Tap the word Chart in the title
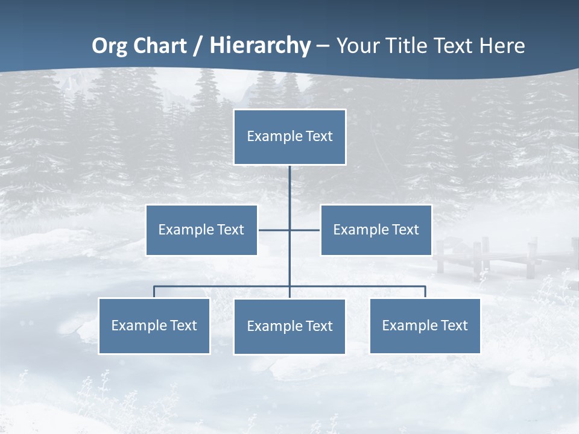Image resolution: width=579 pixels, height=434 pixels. pyautogui.click(x=157, y=46)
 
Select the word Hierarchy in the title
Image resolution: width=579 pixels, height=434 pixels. pyautogui.click(x=260, y=46)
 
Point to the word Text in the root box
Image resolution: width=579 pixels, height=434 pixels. pyautogui.click(x=318, y=136)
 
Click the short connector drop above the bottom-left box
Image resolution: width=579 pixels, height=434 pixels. pyautogui.click(x=154, y=292)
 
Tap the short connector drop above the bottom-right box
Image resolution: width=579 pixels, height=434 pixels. pyautogui.click(x=425, y=292)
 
